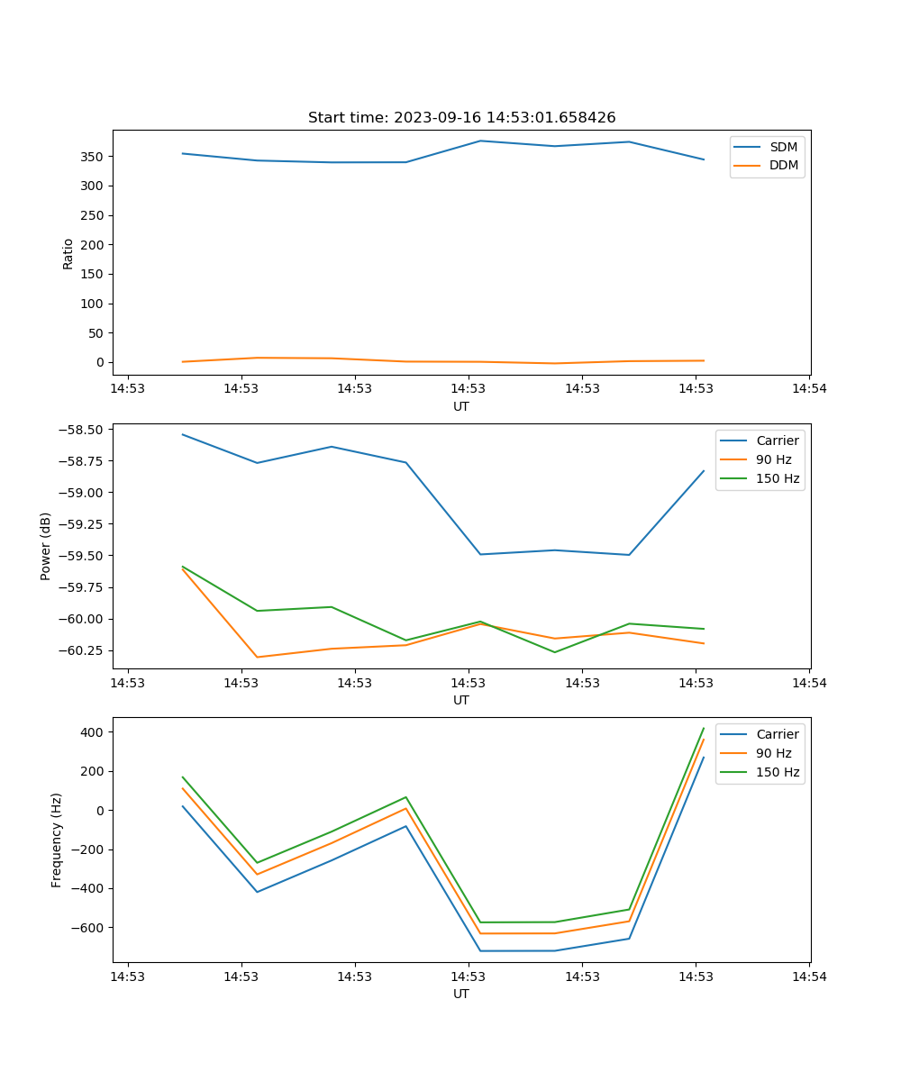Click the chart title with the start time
pyautogui.click(x=461, y=118)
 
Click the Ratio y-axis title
pyautogui.click(x=68, y=253)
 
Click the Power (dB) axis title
pyautogui.click(x=46, y=546)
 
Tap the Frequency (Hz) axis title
pyautogui.click(x=57, y=840)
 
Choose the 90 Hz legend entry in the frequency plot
pyautogui.click(x=774, y=753)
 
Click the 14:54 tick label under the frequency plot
pyautogui.click(x=809, y=976)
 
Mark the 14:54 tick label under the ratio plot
pyautogui.click(x=809, y=388)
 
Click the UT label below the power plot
pyautogui.click(x=461, y=700)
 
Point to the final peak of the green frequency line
pyautogui.click(x=704, y=728)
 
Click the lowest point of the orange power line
pyautogui.click(x=258, y=657)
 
